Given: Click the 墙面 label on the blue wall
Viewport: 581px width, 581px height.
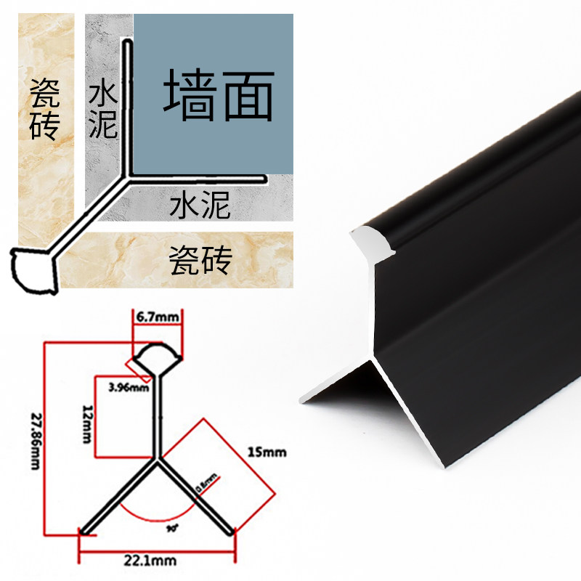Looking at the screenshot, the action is (x=218, y=95).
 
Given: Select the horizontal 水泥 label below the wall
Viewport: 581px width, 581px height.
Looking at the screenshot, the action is (x=200, y=206).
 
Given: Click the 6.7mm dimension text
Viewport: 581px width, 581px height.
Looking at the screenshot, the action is (x=157, y=317).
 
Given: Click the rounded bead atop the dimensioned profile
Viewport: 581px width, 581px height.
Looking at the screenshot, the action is (x=156, y=358).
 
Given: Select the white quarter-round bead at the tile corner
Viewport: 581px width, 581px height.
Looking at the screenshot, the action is (x=33, y=270).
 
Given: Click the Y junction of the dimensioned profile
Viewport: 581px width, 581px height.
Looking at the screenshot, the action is (x=156, y=459).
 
